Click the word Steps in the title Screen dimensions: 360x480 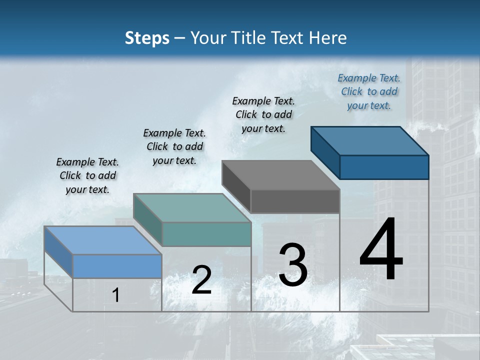click(x=147, y=38)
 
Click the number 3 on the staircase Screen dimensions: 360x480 click(x=293, y=265)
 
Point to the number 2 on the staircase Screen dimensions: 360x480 click(x=201, y=280)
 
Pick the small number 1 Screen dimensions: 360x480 click(x=115, y=295)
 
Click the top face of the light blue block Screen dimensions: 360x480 click(x=102, y=240)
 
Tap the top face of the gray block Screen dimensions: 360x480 click(x=280, y=175)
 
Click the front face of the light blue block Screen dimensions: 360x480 click(x=117, y=266)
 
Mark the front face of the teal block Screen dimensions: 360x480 click(x=206, y=234)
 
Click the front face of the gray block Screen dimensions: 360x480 click(x=295, y=201)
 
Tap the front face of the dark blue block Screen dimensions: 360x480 click(x=384, y=167)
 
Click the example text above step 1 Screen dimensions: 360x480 click(x=87, y=175)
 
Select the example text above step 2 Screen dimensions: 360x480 click(x=174, y=146)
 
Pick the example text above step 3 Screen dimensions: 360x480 click(x=263, y=114)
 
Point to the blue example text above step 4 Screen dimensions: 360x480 click(x=369, y=91)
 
